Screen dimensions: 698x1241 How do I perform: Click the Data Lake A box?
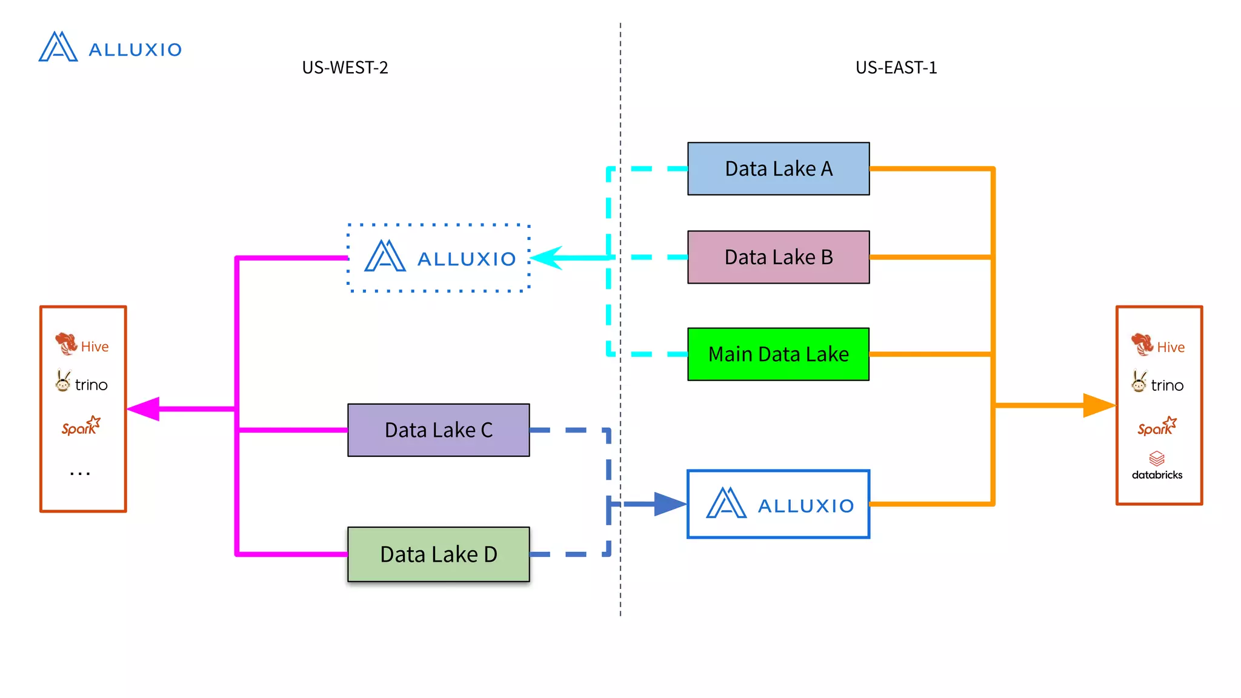(x=778, y=168)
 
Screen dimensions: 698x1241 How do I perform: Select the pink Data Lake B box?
(x=778, y=257)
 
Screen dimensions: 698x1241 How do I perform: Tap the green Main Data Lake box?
(x=778, y=354)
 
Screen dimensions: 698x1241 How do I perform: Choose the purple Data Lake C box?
(x=438, y=430)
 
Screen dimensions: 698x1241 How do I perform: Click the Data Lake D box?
(x=438, y=554)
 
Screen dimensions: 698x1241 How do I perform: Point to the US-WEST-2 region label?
(x=345, y=67)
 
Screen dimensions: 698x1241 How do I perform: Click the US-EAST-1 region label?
(x=896, y=67)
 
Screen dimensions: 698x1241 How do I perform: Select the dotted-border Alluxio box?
(x=438, y=258)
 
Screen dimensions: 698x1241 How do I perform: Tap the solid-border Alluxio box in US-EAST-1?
(x=778, y=504)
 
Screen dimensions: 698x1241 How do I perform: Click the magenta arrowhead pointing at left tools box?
(x=144, y=409)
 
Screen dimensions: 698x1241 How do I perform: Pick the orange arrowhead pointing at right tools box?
(x=1098, y=405)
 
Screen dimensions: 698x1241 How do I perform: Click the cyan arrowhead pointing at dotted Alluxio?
(x=547, y=258)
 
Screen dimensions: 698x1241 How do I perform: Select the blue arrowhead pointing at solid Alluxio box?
(x=669, y=504)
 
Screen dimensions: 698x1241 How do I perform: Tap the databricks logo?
(x=1157, y=465)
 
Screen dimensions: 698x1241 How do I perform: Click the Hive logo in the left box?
(x=81, y=345)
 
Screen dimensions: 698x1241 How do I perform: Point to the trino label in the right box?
(x=1166, y=385)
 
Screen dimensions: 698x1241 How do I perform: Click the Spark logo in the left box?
(x=81, y=427)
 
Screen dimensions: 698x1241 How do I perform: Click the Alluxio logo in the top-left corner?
(x=110, y=47)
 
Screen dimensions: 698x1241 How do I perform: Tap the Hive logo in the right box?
(x=1157, y=345)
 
